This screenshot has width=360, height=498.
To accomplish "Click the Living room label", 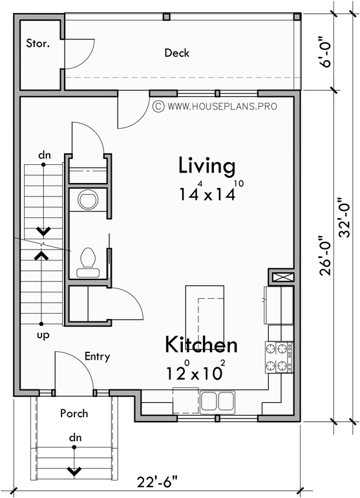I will (207, 166).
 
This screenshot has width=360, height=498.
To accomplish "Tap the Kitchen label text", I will (200, 345).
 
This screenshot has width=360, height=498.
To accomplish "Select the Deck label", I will (176, 53).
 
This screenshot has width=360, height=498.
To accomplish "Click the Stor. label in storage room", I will (37, 43).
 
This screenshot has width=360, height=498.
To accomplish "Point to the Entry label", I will (97, 356).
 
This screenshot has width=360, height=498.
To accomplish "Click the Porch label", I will (74, 413).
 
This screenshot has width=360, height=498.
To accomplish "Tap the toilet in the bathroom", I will (87, 259).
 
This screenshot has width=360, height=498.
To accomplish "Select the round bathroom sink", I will (87, 200).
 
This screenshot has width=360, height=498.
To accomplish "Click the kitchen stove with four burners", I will (279, 357).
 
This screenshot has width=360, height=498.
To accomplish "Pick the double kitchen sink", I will (217, 402).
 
